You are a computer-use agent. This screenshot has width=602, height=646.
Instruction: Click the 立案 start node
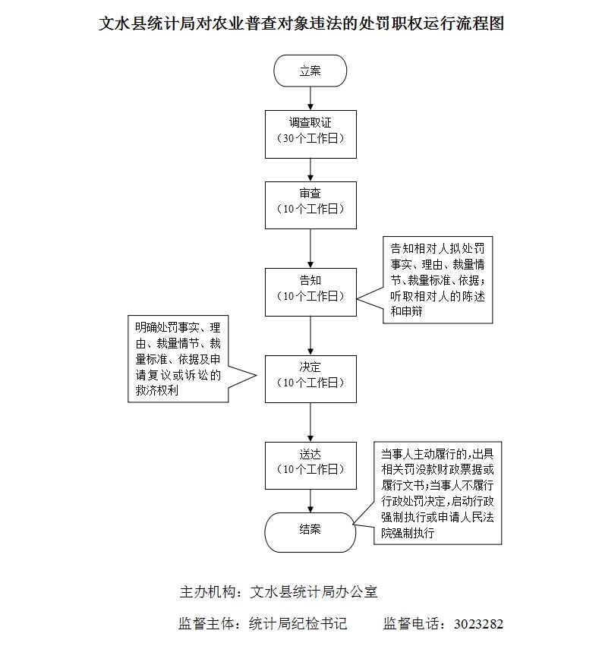310,71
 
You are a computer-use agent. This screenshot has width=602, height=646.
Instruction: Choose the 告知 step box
310,291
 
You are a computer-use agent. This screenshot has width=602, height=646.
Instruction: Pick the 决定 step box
310,378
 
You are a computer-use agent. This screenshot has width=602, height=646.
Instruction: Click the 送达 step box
310,465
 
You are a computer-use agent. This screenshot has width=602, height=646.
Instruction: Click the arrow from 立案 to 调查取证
310,98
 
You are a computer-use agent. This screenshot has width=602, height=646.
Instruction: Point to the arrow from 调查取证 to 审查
310,169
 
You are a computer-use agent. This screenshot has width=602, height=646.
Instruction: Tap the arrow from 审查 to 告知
310,248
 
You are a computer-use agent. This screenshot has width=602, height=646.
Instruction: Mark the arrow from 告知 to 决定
310,335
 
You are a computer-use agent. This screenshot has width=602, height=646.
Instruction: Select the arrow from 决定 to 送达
310,421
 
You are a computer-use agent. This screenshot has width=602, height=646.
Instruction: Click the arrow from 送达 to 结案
310,499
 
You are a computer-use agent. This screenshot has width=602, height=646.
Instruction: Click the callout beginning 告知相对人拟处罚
435,279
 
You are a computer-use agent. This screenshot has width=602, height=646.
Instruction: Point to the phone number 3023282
478,625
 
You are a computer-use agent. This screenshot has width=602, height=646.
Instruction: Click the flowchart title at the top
302,24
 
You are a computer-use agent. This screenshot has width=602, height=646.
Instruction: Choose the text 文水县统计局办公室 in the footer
314,591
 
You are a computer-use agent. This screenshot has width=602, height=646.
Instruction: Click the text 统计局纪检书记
298,625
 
